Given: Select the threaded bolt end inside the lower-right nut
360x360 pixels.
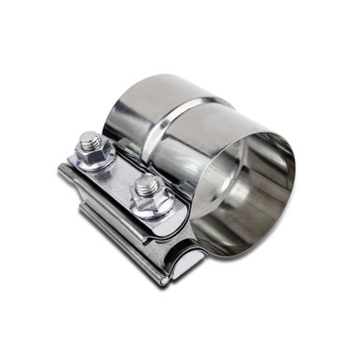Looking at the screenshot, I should click(x=144, y=187).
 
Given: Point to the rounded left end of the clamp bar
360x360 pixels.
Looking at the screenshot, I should click(x=64, y=175).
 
